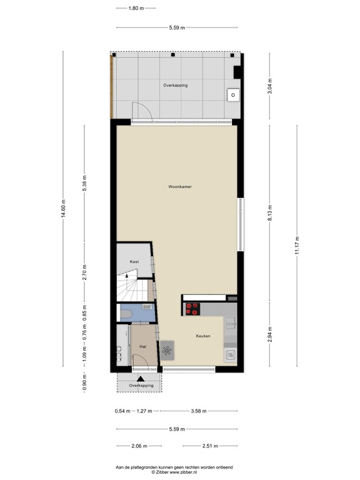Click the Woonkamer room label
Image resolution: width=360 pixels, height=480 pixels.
(179, 187)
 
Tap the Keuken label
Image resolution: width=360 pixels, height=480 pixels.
(202, 336)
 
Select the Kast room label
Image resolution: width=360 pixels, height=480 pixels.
(134, 261)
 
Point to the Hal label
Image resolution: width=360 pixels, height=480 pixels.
(143, 346)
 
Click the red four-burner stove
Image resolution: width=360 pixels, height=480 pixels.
(192, 308)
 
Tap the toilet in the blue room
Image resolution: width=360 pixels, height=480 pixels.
(125, 313)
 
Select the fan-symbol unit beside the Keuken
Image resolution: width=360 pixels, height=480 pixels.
(167, 351)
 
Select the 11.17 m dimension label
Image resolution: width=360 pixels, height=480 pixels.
(297, 246)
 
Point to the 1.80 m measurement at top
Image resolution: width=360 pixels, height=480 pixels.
(136, 9)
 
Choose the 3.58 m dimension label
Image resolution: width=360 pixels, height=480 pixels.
(198, 411)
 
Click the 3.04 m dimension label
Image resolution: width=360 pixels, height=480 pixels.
(270, 86)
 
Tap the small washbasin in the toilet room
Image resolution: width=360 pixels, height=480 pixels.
(147, 307)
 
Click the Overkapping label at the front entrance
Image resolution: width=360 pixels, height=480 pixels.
(141, 386)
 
